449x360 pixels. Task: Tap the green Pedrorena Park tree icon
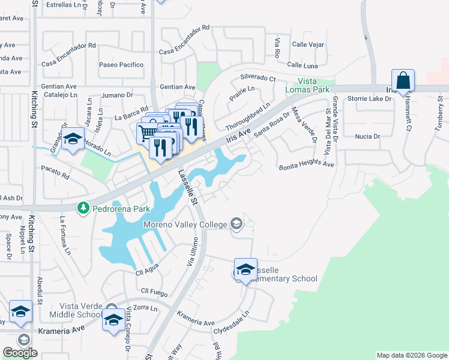pos(83,209)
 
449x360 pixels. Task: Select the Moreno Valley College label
pos(185,225)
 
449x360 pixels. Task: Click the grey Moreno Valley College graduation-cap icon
pos(237,225)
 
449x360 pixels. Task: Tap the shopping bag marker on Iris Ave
pos(403,80)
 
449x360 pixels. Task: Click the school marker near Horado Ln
pos(73,139)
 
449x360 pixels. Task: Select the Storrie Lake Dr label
pos(368,99)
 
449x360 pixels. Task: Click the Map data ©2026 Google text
pos(411,355)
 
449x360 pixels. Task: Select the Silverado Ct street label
pos(258,78)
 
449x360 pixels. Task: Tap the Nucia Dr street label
pos(368,136)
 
